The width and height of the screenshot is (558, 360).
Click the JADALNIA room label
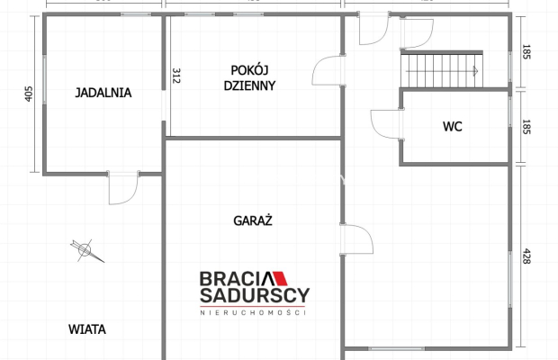[x=103, y=92]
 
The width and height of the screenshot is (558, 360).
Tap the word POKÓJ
[x=250, y=70]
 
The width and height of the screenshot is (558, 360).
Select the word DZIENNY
[x=250, y=86]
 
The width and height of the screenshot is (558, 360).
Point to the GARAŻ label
[x=253, y=219]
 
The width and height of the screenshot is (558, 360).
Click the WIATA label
[x=87, y=329]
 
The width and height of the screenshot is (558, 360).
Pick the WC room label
[x=452, y=127]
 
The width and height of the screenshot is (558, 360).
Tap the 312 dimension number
[x=176, y=76]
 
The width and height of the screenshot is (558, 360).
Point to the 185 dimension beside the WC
[x=526, y=127]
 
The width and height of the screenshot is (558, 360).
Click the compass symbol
[x=85, y=249]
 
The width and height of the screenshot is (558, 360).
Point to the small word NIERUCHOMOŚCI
[x=253, y=311]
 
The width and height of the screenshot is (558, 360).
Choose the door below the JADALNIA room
[x=121, y=187]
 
